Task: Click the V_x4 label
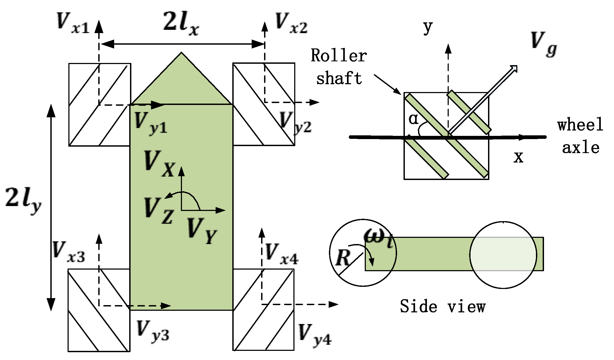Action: point(282,254)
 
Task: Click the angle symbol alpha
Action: point(413,119)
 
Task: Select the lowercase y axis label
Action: point(427,27)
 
